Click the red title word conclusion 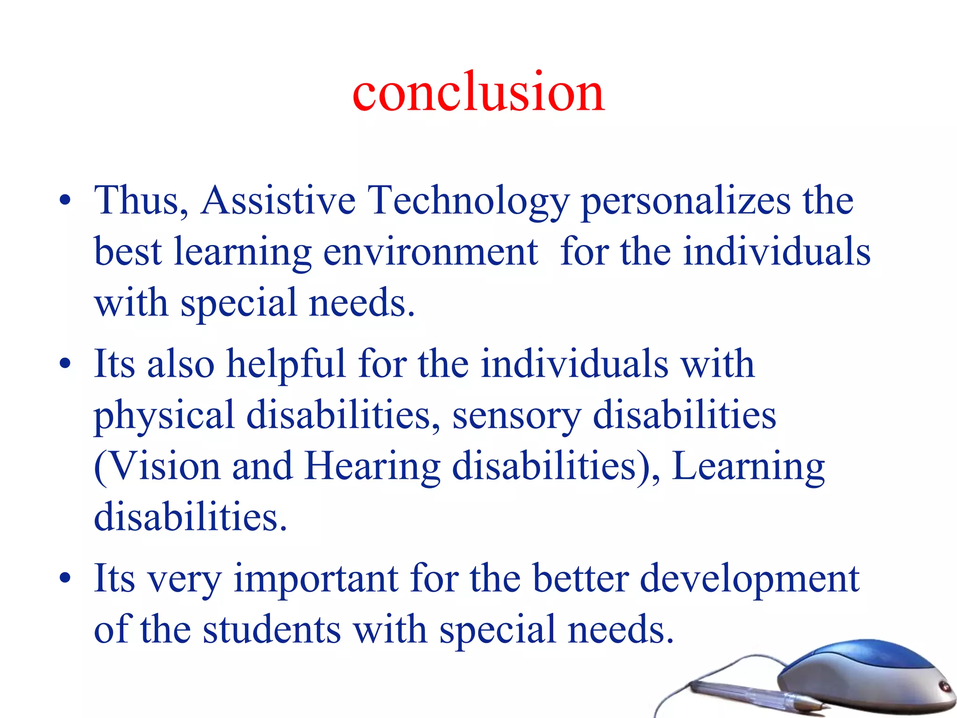478,93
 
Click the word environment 430,252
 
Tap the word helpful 286,365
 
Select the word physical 164,416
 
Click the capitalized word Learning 748,467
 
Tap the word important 316,580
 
